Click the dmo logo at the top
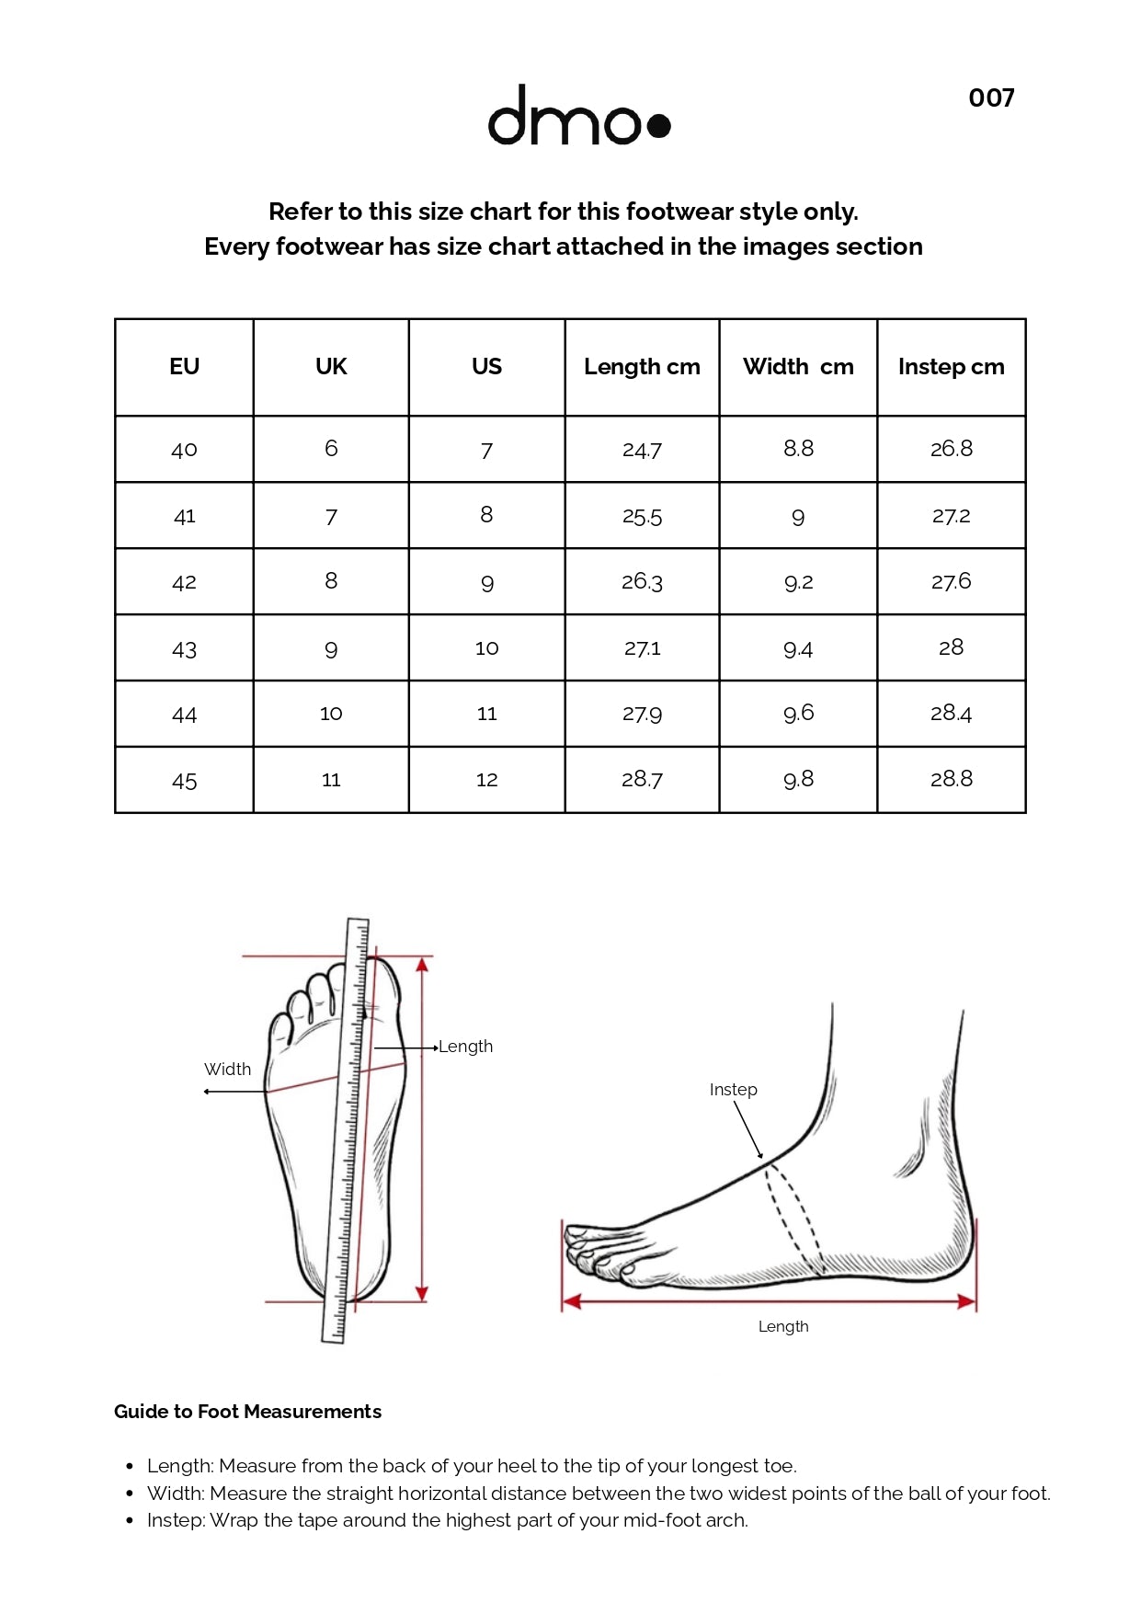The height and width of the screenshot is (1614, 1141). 578,115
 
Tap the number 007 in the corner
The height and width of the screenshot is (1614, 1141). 991,98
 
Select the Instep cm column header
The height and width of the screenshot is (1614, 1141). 951,367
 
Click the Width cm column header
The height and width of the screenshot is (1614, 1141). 798,367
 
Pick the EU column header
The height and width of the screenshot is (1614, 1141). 184,367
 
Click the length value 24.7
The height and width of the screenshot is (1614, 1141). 642,450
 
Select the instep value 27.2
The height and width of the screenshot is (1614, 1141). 951,516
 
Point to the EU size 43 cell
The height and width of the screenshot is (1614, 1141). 184,648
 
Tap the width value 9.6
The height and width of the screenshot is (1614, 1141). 798,714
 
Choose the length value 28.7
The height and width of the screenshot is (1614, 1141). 642,780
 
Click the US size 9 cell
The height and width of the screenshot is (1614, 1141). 486,582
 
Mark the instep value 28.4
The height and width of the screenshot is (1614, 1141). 951,713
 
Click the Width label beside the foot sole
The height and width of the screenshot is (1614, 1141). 227,1070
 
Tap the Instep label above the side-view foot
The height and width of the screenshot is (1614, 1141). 733,1090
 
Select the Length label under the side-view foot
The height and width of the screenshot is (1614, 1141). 783,1326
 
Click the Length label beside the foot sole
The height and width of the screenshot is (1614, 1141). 465,1047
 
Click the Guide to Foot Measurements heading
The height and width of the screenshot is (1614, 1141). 247,1412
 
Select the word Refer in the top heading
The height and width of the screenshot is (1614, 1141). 301,212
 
